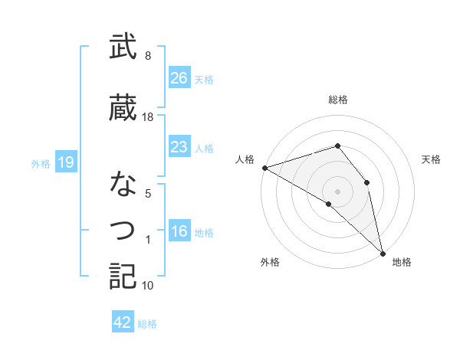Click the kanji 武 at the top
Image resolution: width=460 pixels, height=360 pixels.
[x=123, y=47]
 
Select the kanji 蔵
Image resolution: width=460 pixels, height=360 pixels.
[x=123, y=107]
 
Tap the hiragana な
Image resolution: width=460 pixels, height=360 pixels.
[x=123, y=184]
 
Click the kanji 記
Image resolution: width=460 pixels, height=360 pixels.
[x=123, y=276]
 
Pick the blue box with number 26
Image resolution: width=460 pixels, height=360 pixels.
[x=179, y=78]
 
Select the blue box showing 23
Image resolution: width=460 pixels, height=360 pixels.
[x=179, y=147]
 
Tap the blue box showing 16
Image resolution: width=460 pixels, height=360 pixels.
[x=179, y=232]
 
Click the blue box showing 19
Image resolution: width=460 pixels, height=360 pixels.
[x=66, y=162]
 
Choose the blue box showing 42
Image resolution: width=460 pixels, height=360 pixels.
[x=123, y=322]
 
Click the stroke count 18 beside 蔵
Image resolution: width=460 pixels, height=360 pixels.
[x=148, y=116]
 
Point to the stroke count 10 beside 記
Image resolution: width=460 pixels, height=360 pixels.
[x=148, y=286]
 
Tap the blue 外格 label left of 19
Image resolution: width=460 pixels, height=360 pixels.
[x=41, y=163]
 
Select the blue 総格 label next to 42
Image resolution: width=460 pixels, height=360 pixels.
[x=147, y=324]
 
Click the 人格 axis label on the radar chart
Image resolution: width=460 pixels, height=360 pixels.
[x=245, y=159]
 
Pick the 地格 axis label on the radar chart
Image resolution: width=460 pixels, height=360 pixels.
[x=402, y=262]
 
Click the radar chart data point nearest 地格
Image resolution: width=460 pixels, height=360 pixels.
[x=382, y=253]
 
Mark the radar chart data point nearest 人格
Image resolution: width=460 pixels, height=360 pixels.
[x=264, y=167]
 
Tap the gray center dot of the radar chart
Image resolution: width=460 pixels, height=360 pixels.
[x=337, y=191]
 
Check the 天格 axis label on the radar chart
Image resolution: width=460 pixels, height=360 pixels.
[x=431, y=159]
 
